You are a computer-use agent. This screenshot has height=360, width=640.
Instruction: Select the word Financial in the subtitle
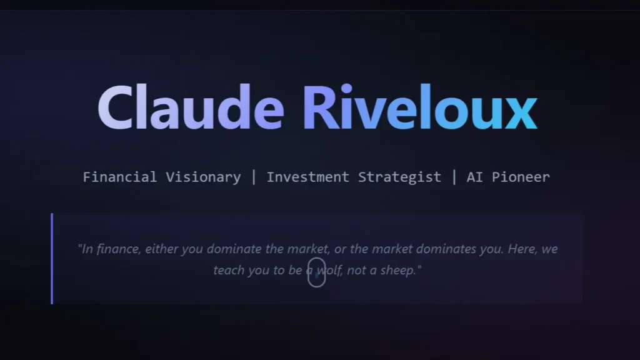(x=119, y=177)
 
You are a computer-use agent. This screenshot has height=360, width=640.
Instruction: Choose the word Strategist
(x=399, y=177)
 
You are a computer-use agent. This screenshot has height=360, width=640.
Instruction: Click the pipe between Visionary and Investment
(x=253, y=177)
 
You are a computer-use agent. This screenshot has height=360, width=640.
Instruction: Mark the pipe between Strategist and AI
(x=454, y=177)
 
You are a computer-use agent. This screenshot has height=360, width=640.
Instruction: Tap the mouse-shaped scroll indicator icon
(x=316, y=272)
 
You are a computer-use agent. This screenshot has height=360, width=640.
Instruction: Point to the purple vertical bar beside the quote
(x=52, y=258)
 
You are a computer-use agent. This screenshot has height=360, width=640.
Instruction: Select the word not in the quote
(x=355, y=271)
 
